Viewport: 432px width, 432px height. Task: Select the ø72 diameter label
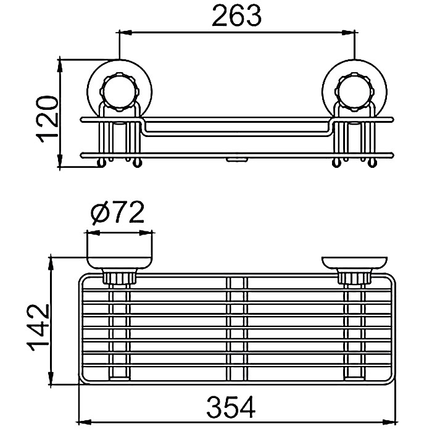[x=117, y=214]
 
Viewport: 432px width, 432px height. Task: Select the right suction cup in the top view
[x=353, y=264]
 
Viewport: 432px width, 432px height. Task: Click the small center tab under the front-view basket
[x=235, y=160]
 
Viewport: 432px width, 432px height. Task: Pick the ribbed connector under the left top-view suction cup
[x=119, y=278]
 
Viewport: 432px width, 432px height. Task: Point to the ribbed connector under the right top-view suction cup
[x=353, y=278]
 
